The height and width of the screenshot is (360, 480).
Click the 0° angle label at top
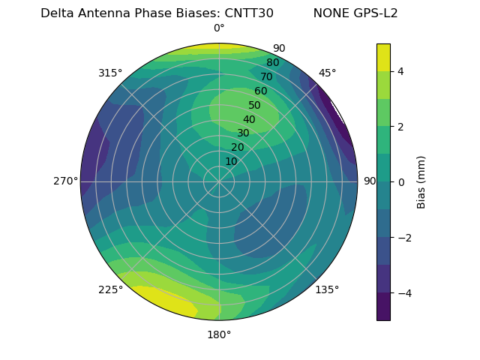point(219,28)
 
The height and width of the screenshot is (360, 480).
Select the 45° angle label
point(327,73)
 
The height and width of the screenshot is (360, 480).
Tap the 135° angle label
point(327,289)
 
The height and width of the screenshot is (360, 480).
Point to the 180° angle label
point(219,334)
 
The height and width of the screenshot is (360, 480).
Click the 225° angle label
point(110,289)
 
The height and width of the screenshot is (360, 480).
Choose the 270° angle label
point(66,181)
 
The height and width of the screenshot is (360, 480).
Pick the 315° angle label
point(110,73)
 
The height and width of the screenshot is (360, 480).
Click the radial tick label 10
point(231,161)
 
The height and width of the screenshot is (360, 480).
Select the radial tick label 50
point(254,106)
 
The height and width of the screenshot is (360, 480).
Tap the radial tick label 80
point(272,63)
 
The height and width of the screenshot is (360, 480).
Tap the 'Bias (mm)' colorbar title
point(421,182)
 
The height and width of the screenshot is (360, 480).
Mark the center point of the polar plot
point(219,181)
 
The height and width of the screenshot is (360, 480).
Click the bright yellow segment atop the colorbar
point(383,57)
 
